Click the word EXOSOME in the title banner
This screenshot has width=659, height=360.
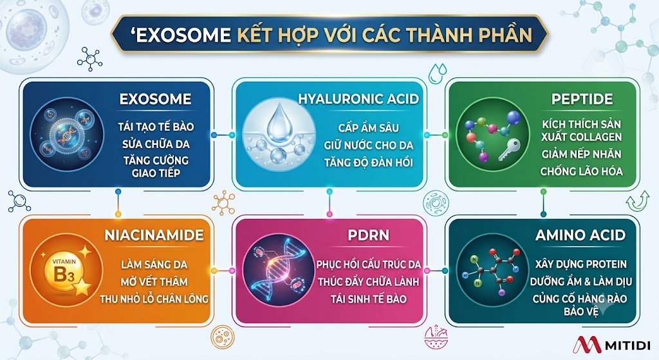[184, 35]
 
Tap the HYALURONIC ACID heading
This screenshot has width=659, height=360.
[358, 99]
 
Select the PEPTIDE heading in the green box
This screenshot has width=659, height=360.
[582, 99]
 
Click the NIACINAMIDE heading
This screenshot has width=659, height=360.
[154, 235]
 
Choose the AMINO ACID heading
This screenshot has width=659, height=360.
[580, 235]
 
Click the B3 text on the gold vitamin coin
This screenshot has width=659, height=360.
[64, 274]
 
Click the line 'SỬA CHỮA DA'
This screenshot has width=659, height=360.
[156, 144]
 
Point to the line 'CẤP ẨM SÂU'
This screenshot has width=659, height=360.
[369, 128]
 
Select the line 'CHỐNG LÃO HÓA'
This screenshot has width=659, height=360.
[581, 171]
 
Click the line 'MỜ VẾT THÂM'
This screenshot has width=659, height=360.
[154, 282]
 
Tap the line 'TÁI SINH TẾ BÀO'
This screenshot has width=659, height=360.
[369, 299]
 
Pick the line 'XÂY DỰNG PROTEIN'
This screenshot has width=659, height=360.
[581, 264]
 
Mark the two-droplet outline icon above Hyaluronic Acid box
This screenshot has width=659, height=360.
[438, 73]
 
